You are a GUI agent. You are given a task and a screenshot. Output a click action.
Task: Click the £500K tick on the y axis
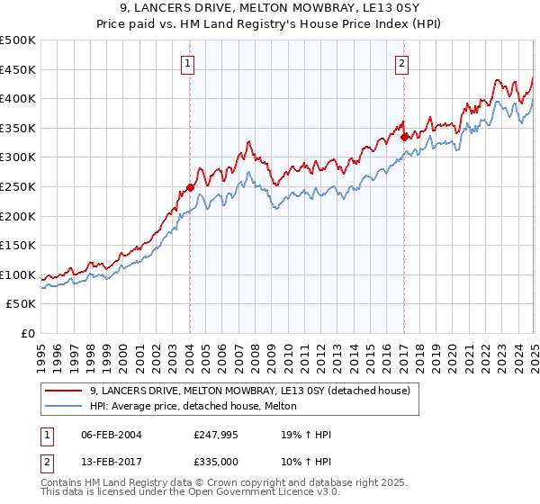(x=18, y=40)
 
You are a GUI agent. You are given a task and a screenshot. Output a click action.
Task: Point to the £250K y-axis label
(x=18, y=186)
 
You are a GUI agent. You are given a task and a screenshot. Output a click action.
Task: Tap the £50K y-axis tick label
(x=22, y=304)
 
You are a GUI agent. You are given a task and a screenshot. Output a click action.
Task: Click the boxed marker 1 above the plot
(x=189, y=63)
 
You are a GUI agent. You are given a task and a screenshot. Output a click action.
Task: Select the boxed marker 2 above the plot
(x=401, y=63)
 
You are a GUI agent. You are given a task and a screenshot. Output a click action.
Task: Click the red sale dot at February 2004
(x=190, y=188)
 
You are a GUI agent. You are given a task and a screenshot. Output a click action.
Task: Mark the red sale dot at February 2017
(x=404, y=137)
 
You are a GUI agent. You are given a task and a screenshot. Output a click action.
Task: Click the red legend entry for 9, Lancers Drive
(x=250, y=391)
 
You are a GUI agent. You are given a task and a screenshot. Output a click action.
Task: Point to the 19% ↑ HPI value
(x=306, y=435)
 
